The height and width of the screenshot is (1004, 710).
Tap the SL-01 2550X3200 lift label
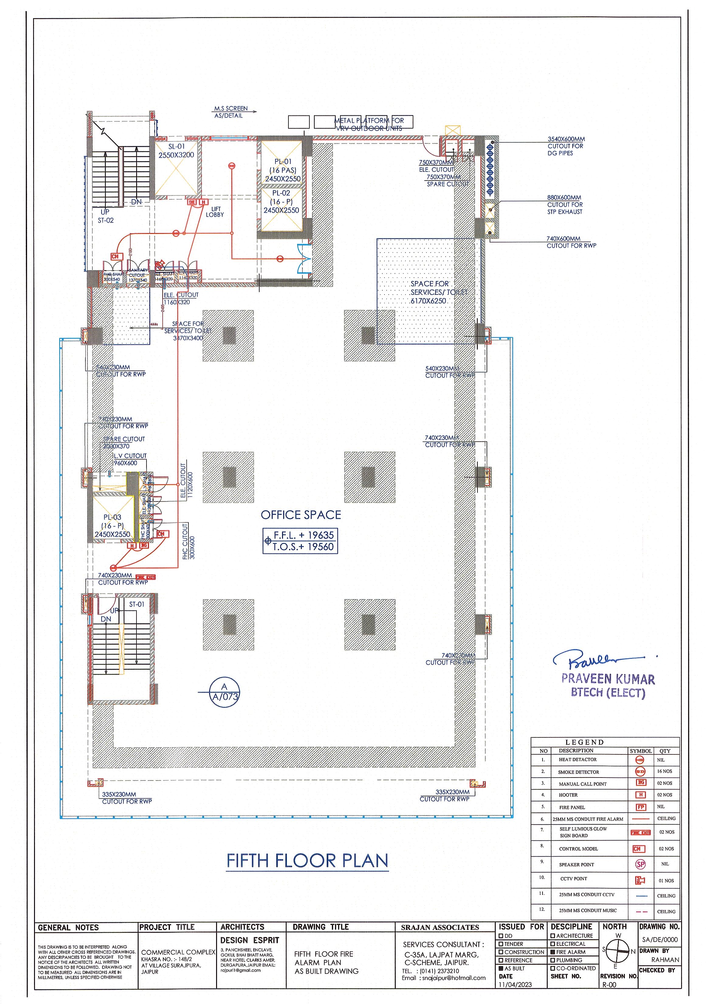pyautogui.click(x=176, y=151)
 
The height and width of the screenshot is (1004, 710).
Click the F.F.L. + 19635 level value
pyautogui.click(x=303, y=535)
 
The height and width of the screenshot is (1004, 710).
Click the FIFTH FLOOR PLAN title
pyautogui.click(x=307, y=861)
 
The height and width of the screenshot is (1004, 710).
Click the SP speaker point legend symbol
pyautogui.click(x=640, y=864)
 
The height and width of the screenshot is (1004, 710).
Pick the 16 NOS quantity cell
pyautogui.click(x=664, y=771)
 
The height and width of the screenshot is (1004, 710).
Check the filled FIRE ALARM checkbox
pyautogui.click(x=553, y=952)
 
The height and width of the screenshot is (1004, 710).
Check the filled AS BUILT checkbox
pyautogui.click(x=501, y=968)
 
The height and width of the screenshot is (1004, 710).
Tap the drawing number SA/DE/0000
pyautogui.click(x=660, y=939)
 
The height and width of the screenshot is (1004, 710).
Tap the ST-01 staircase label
pyautogui.click(x=136, y=604)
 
